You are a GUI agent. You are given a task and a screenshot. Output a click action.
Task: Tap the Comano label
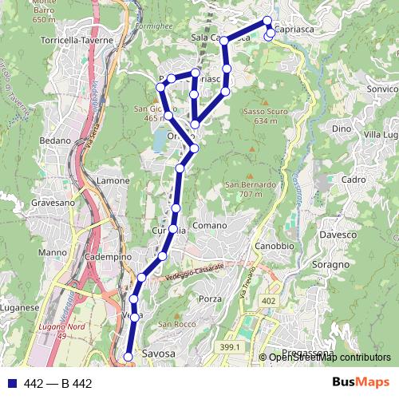click(x=209, y=227)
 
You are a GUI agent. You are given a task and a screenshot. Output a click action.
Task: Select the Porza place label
click(x=210, y=298)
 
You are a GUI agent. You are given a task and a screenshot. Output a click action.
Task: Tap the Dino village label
click(x=342, y=128)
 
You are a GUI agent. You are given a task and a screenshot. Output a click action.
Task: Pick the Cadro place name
click(x=352, y=180)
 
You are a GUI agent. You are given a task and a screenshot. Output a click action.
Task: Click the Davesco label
click(x=338, y=235)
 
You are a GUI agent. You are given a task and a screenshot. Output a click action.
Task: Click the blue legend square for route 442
click(x=10, y=384)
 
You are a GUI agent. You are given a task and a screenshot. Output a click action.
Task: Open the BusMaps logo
click(x=361, y=382)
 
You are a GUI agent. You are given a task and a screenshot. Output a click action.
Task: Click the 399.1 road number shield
click(x=229, y=347)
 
